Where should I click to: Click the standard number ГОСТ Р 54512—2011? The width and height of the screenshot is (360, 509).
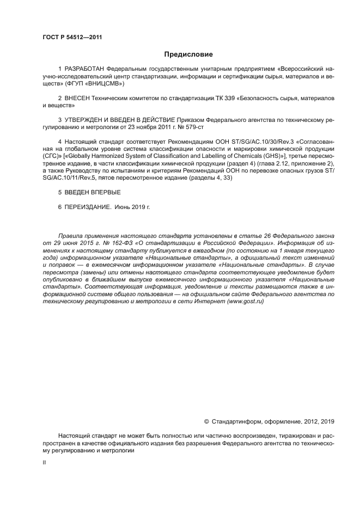point(72,37)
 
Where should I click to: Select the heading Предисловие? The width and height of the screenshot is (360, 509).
point(188,54)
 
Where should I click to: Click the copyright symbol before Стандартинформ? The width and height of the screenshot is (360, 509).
point(206,421)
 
